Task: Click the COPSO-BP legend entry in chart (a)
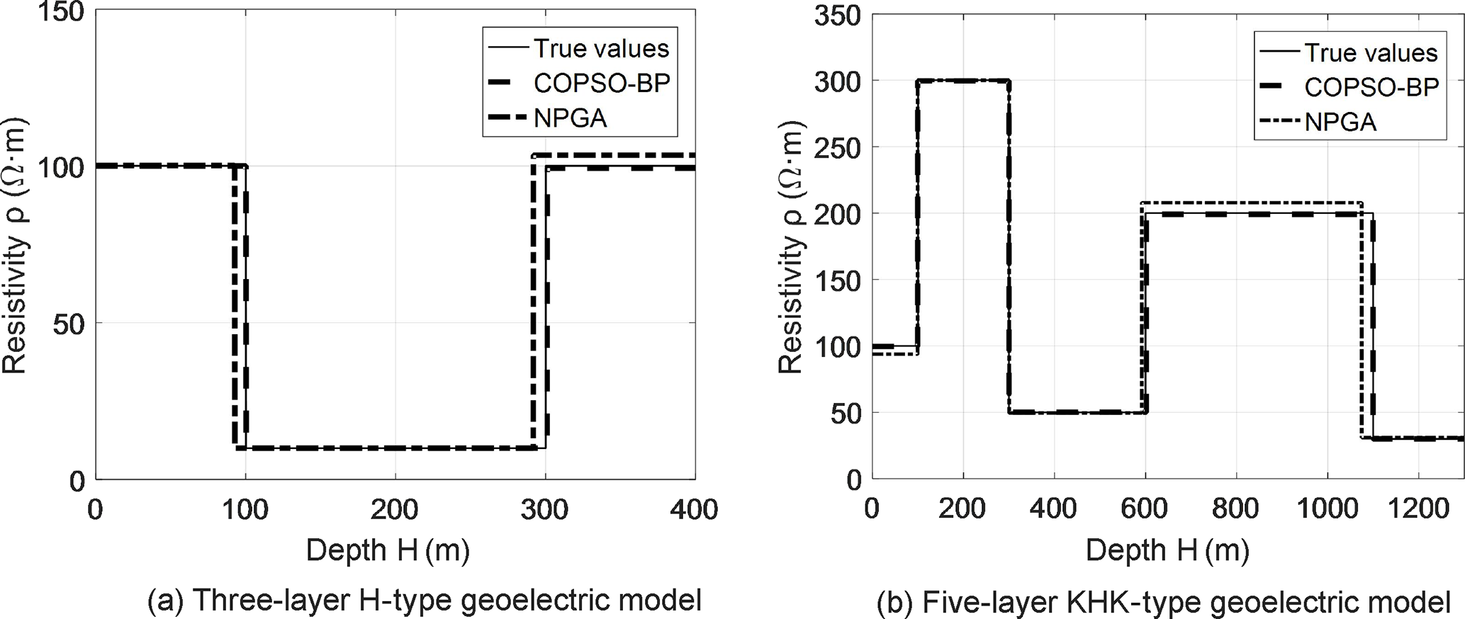(x=601, y=84)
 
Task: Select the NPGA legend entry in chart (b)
(x=1340, y=122)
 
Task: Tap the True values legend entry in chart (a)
(x=601, y=48)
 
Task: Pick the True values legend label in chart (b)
(x=1371, y=52)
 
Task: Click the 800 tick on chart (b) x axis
(x=1236, y=509)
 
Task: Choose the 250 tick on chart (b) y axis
(x=838, y=147)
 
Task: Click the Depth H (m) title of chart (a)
(x=388, y=550)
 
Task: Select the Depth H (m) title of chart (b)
(x=1167, y=550)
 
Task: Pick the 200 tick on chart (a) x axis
(x=395, y=509)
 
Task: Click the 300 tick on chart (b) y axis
(x=838, y=81)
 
